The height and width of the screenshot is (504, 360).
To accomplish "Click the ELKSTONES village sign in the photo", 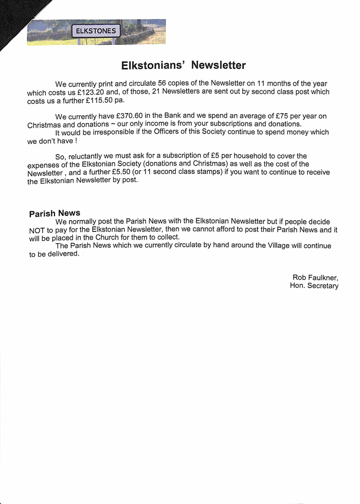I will pyautogui.click(x=96, y=31).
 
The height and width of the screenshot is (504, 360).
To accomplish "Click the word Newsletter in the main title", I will pyautogui.click(x=218, y=65).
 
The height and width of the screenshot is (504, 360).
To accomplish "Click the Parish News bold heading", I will pyautogui.click(x=55, y=213).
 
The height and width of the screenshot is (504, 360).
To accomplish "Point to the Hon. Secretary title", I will pyautogui.click(x=314, y=286).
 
